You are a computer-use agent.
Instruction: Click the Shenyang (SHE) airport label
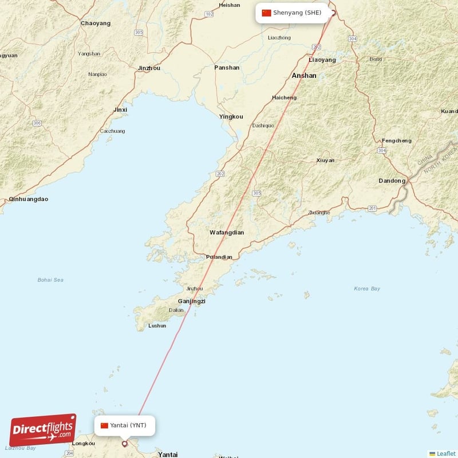pos(293,13)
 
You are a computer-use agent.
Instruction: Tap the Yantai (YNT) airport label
pos(124,425)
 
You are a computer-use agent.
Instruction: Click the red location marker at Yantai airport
pos(125,444)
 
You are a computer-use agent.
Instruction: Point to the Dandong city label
pos(392,181)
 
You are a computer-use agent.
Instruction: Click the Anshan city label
pos(304,76)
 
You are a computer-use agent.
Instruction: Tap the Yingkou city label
pos(231,117)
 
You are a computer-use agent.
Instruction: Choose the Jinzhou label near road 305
pos(149,68)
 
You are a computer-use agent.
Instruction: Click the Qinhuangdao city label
pos(29,199)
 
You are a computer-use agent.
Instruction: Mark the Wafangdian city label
pos(227,232)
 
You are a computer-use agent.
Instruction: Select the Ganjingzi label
pos(192,301)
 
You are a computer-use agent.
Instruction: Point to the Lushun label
pos(157,326)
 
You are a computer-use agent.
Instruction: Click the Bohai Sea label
pos(50,280)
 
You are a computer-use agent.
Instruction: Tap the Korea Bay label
pos(367,289)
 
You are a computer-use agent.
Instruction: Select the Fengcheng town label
pos(396,141)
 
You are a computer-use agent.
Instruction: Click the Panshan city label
pos(227,68)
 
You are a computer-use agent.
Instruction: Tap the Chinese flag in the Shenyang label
pos(266,13)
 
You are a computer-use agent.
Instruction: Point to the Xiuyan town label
pos(325,160)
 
